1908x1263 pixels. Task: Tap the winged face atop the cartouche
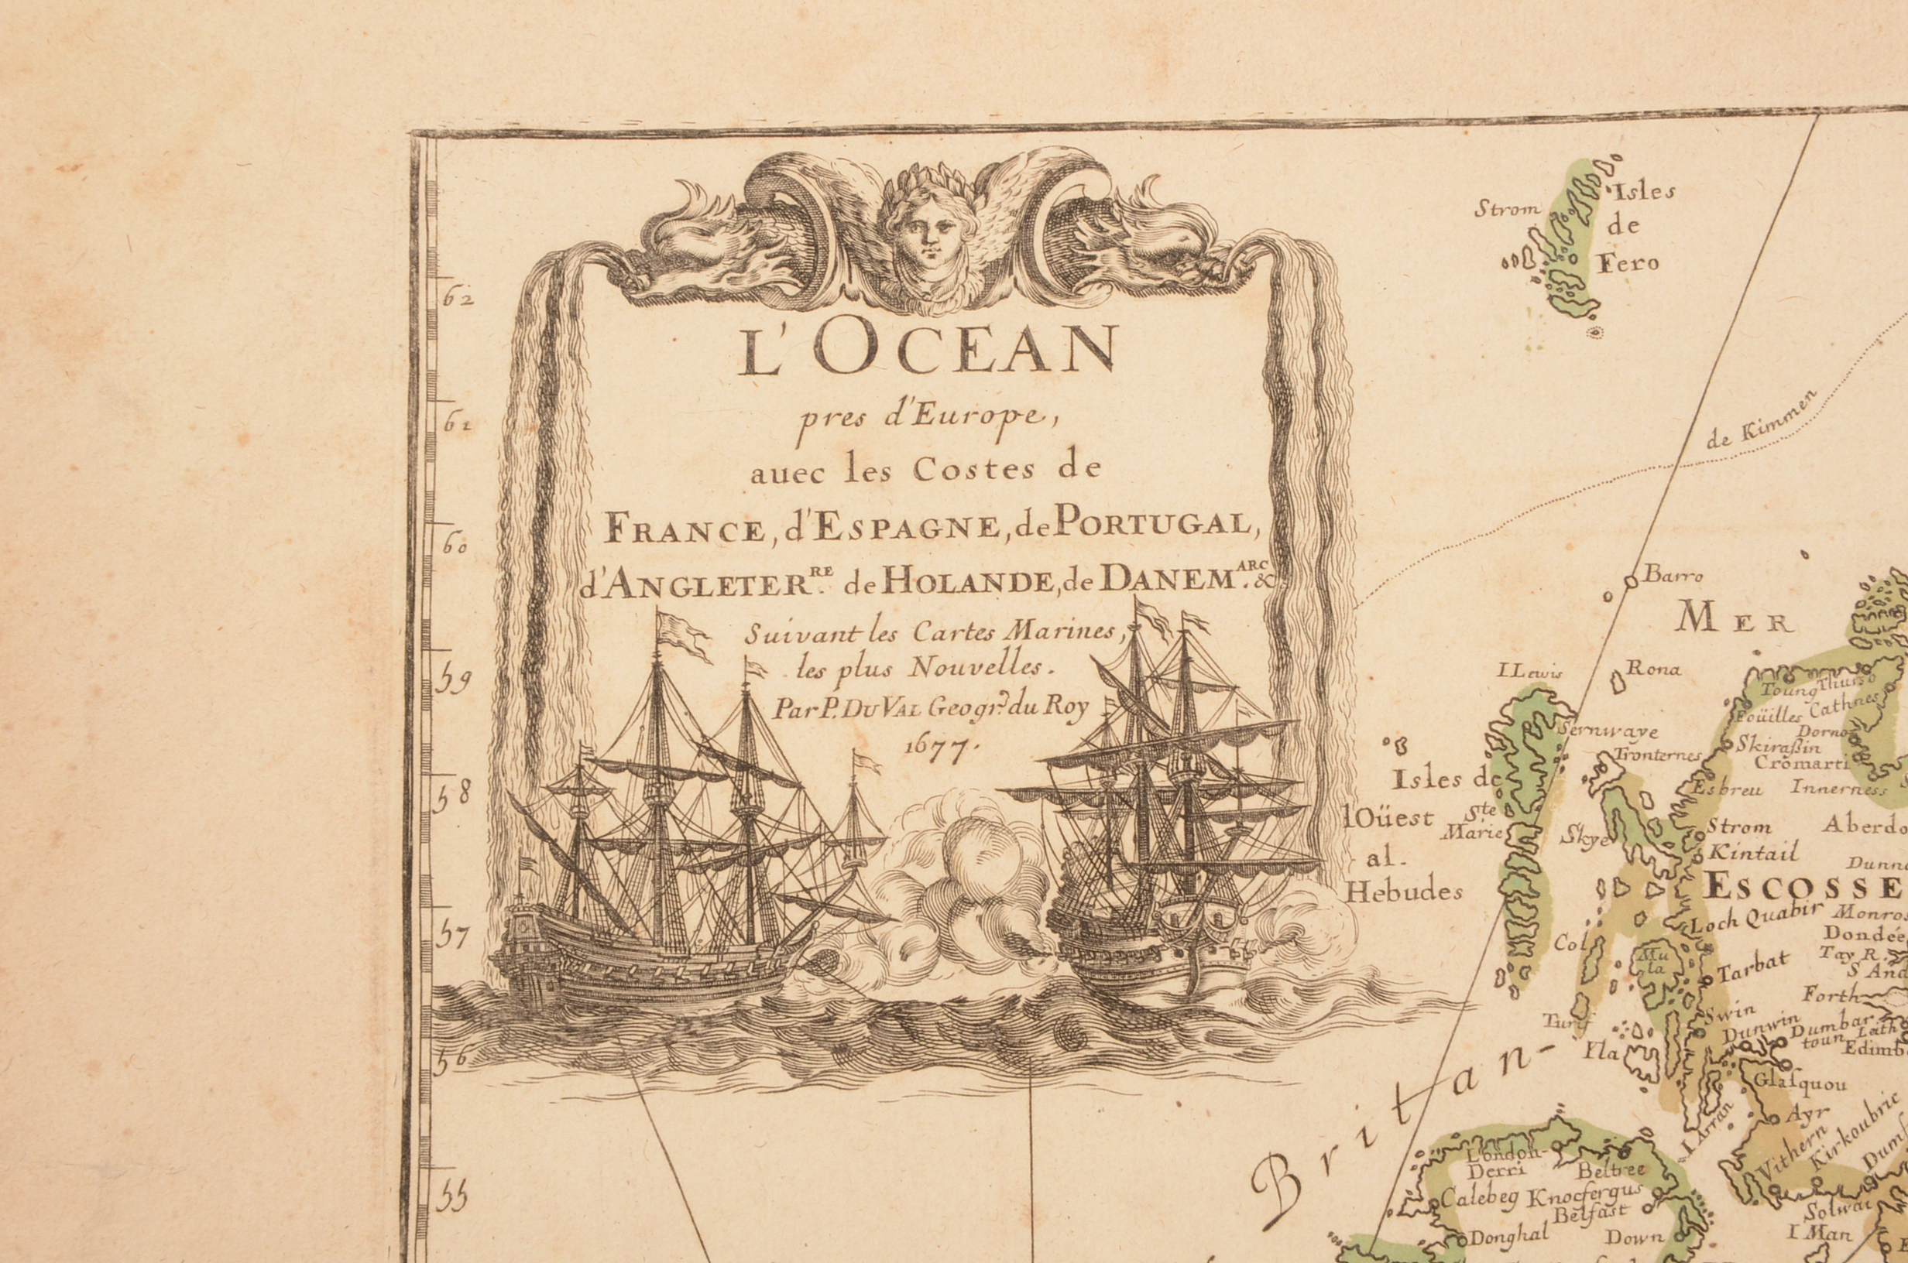(929, 230)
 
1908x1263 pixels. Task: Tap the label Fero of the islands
(1628, 263)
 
